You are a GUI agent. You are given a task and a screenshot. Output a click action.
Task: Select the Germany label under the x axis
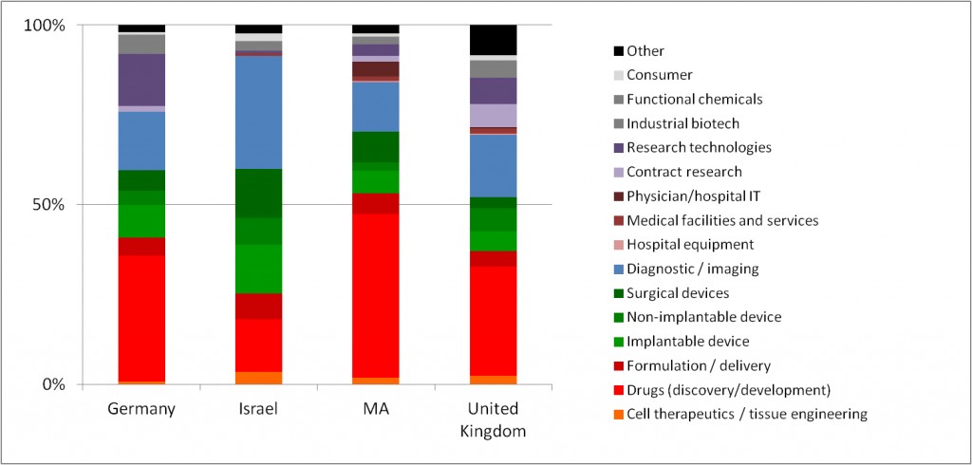(141, 409)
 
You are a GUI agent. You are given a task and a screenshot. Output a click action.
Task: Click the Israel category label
(258, 409)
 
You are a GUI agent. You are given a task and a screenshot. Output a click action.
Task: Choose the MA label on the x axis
(375, 409)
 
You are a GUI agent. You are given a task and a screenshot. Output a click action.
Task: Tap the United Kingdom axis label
(493, 418)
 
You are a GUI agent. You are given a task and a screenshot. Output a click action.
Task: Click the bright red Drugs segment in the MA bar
(375, 294)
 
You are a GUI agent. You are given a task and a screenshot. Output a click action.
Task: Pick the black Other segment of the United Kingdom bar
(493, 40)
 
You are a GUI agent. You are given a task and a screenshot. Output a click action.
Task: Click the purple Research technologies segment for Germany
(141, 80)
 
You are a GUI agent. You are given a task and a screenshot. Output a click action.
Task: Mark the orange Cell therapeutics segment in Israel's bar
(258, 378)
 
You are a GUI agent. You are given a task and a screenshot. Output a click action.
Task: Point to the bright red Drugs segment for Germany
(141, 318)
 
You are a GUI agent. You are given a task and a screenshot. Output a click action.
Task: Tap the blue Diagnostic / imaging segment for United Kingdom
(493, 165)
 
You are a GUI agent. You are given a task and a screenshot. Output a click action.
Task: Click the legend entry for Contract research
(684, 172)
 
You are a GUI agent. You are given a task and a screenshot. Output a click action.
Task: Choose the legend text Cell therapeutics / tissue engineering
(747, 414)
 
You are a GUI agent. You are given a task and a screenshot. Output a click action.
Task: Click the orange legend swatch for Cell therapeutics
(619, 414)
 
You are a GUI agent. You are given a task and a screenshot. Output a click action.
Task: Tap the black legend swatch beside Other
(619, 51)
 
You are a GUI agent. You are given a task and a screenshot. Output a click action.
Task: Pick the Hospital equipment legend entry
(687, 245)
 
